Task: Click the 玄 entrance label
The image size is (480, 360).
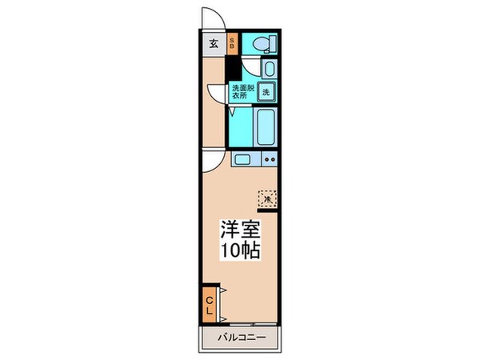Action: [214, 44]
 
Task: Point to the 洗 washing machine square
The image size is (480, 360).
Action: [266, 91]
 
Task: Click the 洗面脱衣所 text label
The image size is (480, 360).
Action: [241, 91]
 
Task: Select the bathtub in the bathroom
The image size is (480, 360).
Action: [266, 126]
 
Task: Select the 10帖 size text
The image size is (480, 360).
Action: [239, 250]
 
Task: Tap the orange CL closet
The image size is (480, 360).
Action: [210, 303]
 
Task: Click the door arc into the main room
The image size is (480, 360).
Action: [211, 162]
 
